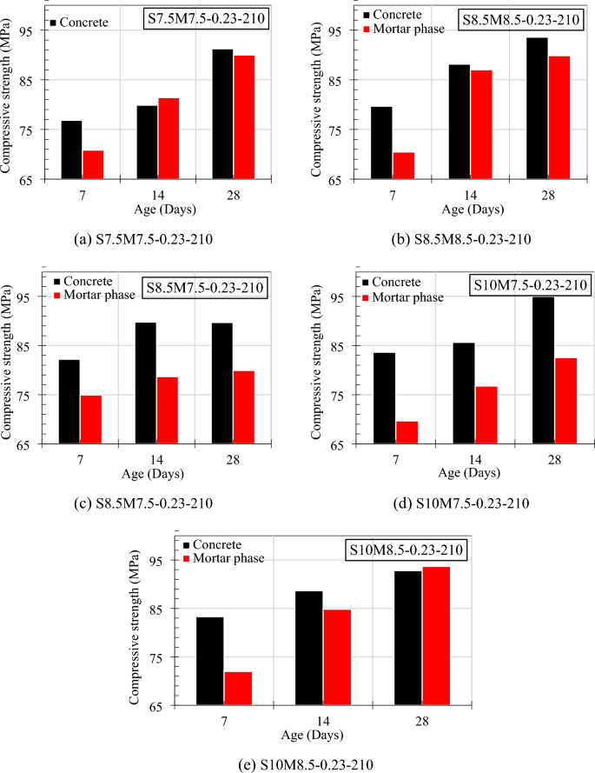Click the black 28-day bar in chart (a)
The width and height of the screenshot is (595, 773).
pos(222,115)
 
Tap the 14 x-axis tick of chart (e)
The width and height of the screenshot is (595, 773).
pos(322,720)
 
